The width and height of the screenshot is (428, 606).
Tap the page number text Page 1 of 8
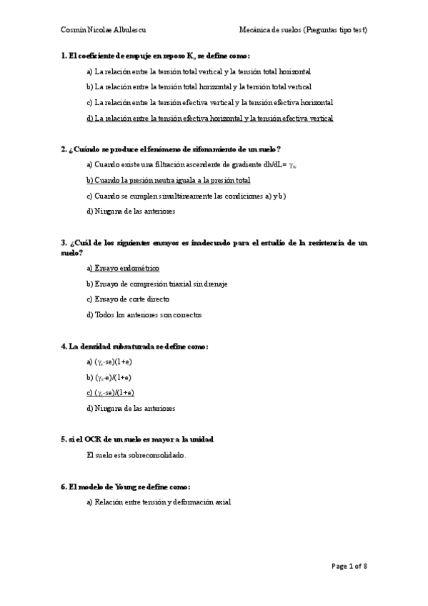coord(349,567)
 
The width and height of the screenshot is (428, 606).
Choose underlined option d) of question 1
coord(209,118)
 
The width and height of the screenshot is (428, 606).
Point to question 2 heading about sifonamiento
coord(171,149)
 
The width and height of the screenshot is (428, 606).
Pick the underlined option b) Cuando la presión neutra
coord(168,180)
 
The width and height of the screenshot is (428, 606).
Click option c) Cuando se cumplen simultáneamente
coord(186,196)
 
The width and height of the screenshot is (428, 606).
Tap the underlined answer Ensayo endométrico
coord(122,268)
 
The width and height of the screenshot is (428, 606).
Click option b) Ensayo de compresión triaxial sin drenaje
coord(156,284)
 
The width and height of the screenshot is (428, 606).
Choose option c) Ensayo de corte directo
coord(128,299)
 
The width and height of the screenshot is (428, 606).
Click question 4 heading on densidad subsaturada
coord(134,347)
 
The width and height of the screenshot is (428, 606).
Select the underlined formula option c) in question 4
coord(110,393)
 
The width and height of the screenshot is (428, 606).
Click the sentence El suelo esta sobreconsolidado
coord(136,454)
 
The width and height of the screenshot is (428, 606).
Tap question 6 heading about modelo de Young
coord(130,486)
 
